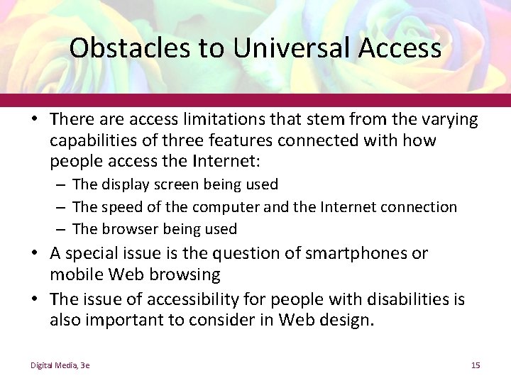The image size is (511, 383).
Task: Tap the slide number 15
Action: coord(476,365)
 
